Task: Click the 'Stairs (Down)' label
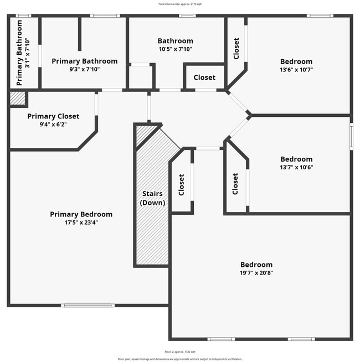[x=152, y=198]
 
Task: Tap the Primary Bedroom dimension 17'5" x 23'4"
[x=81, y=222]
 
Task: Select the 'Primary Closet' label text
[x=53, y=116]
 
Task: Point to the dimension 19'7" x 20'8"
[x=256, y=272]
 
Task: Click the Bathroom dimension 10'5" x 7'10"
[x=175, y=49]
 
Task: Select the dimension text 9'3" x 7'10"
[x=84, y=69]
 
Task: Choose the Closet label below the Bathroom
[x=204, y=77]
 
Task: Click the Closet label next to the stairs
[x=181, y=185]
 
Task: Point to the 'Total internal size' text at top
[x=180, y=4]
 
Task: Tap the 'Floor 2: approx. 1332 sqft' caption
[x=180, y=351]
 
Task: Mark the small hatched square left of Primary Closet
[x=18, y=99]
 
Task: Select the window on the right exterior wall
[x=351, y=136]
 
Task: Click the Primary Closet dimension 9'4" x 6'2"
[x=53, y=125]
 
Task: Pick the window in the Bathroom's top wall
[x=187, y=15]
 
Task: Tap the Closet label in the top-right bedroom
[x=236, y=49]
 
